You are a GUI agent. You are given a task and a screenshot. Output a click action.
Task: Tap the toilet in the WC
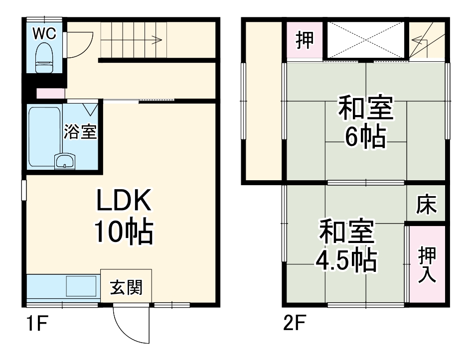(x=44, y=56)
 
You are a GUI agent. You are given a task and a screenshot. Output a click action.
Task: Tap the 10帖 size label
(x=123, y=232)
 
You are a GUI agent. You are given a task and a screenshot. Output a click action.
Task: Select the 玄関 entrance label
(x=126, y=287)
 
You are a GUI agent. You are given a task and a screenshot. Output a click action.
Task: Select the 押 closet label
(x=305, y=40)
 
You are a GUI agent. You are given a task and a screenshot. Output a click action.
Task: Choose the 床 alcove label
(x=427, y=204)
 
